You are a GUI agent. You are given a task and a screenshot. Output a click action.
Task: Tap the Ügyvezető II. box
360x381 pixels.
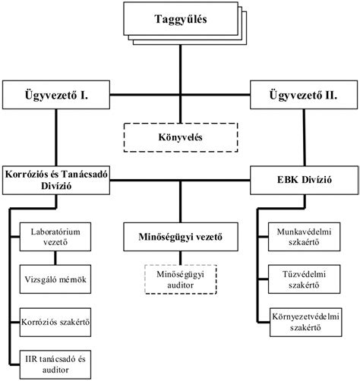304,96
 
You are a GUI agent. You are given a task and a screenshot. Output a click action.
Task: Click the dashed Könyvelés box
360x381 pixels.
179,137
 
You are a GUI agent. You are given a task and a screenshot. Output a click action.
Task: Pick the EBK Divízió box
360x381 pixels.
304,181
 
